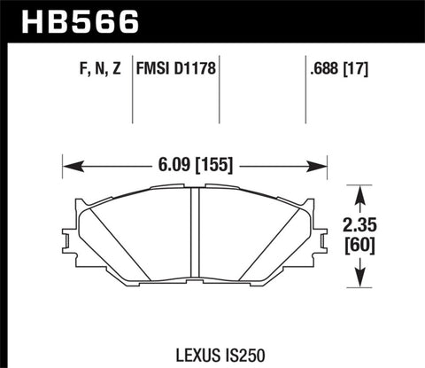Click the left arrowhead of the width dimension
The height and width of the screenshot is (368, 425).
[69, 164]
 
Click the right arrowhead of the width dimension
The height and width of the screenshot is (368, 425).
[321, 164]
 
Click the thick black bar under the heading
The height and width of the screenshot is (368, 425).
[212, 40]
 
